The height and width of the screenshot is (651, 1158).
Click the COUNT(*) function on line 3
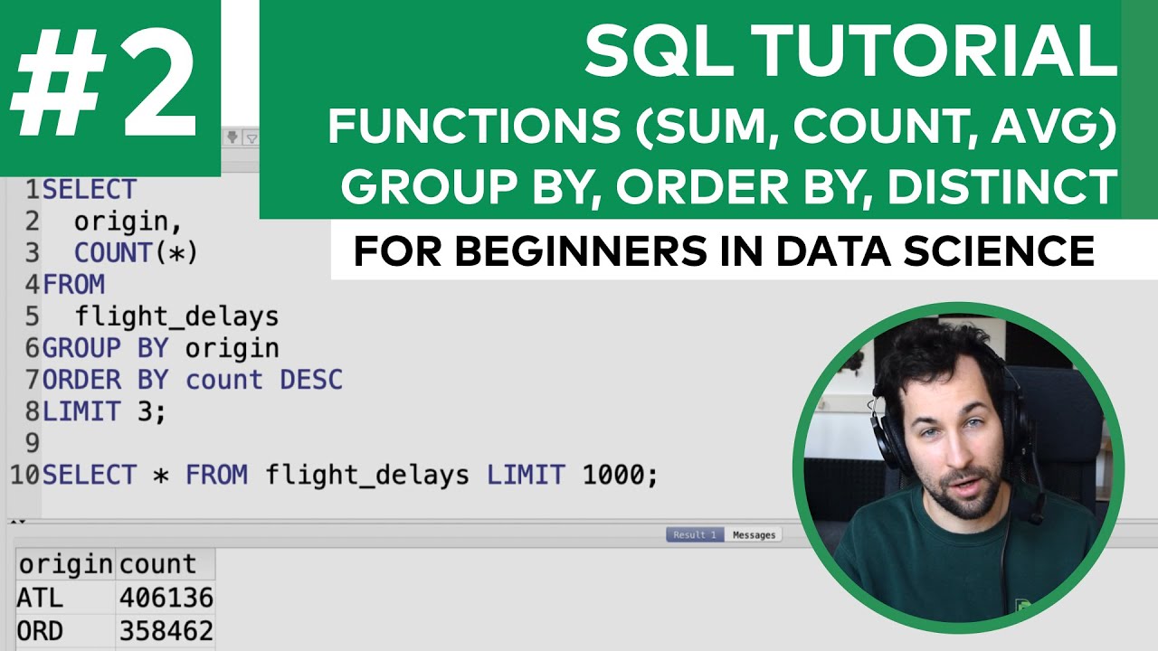136,253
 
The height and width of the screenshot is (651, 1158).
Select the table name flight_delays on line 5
176,316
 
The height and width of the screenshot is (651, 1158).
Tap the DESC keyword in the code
311,380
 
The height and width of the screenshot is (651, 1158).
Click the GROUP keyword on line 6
81,348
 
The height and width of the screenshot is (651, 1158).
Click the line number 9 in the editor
33,443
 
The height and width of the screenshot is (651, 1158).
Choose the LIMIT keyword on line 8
81,411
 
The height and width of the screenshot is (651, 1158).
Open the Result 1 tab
694,534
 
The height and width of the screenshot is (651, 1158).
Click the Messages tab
754,534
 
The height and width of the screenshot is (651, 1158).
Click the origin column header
65,564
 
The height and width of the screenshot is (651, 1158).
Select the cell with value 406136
166,597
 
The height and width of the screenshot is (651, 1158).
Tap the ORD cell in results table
40,629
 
